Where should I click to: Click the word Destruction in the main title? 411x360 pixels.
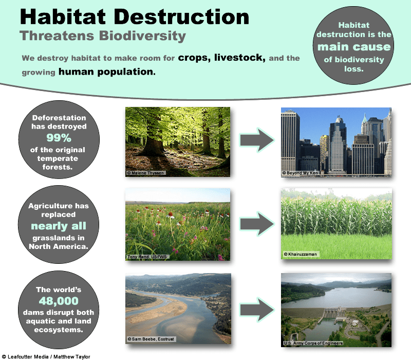pos(181,17)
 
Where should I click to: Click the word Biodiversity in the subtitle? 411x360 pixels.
pos(142,36)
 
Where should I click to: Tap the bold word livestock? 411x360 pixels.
pos(239,58)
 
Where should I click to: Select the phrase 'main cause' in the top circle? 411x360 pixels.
pos(354,47)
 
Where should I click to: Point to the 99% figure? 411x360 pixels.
pos(59,138)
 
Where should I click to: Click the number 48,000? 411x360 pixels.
pos(59,301)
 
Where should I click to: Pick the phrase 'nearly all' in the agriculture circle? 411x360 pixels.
pos(59,226)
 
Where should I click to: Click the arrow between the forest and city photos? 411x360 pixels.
pos(257,140)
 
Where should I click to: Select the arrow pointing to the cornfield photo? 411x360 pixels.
pos(257,224)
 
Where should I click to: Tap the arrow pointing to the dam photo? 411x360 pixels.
pos(257,310)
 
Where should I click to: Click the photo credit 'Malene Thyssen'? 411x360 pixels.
pos(146,173)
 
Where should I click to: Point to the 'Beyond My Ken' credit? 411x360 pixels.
pos(300,173)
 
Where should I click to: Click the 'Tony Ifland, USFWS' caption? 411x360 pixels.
pos(147,257)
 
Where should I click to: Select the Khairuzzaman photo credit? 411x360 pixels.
pos(301,254)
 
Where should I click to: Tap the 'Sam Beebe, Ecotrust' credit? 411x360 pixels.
pos(151,339)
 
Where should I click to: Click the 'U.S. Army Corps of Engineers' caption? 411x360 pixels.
pos(313,343)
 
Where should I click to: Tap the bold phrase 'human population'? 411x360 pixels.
pos(107,71)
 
